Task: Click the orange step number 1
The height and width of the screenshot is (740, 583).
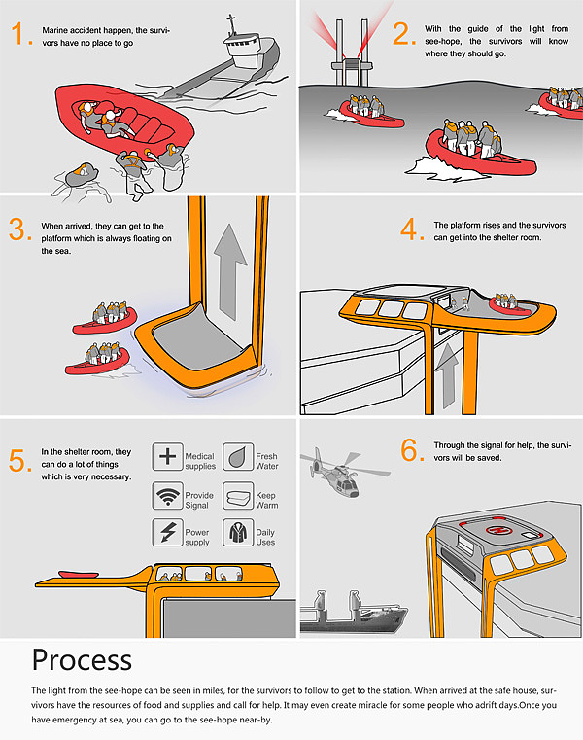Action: point(20,34)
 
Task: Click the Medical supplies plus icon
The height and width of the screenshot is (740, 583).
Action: point(167,456)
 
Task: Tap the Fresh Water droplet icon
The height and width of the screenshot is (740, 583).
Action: point(238,456)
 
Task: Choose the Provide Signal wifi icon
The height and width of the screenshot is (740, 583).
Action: point(167,496)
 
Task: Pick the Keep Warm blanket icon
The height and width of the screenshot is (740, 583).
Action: point(238,496)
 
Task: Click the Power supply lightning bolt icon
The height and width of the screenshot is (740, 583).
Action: point(167,532)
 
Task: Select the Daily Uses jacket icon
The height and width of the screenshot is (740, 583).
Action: point(238,532)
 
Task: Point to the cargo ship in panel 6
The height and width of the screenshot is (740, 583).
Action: point(353,614)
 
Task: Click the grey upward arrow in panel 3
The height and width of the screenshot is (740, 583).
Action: point(229,272)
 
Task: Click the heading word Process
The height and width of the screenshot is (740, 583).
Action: point(82,659)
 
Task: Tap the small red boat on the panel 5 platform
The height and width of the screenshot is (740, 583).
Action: point(79,575)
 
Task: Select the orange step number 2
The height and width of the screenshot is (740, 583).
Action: point(403,34)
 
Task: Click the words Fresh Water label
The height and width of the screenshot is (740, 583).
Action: point(267,461)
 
